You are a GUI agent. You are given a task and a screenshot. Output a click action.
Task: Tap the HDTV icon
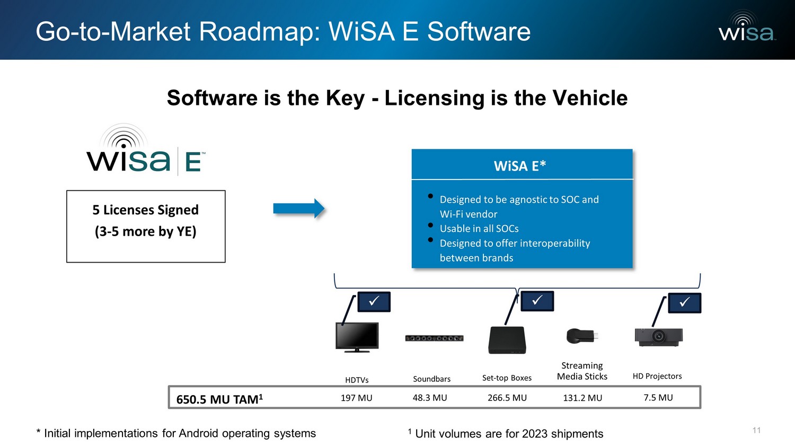tap(357, 337)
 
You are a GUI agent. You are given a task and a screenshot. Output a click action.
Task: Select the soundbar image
tap(434, 338)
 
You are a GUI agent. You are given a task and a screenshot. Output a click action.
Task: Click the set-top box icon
tap(507, 340)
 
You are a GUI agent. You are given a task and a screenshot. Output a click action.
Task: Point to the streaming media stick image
tap(582, 336)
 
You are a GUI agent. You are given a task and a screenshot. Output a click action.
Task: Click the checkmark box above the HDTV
tap(374, 301)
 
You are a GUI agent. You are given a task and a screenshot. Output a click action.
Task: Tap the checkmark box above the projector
tap(684, 302)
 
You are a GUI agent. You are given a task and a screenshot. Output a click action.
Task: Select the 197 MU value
tap(356, 398)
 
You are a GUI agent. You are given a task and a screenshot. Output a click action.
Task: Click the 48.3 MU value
tap(430, 398)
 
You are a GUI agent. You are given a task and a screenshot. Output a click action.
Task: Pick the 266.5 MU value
tap(507, 398)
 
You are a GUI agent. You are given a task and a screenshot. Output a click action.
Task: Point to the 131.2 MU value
tap(582, 398)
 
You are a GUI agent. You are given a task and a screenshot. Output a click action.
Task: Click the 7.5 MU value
tap(658, 398)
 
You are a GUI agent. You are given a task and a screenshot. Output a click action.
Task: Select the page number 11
tap(756, 430)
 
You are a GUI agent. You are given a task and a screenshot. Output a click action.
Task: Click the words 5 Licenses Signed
tap(146, 210)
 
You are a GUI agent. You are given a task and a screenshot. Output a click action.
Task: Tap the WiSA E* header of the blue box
tap(520, 166)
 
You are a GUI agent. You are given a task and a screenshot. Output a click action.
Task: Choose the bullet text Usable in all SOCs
tap(479, 229)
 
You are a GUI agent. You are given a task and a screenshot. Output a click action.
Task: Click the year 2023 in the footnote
tap(535, 434)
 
